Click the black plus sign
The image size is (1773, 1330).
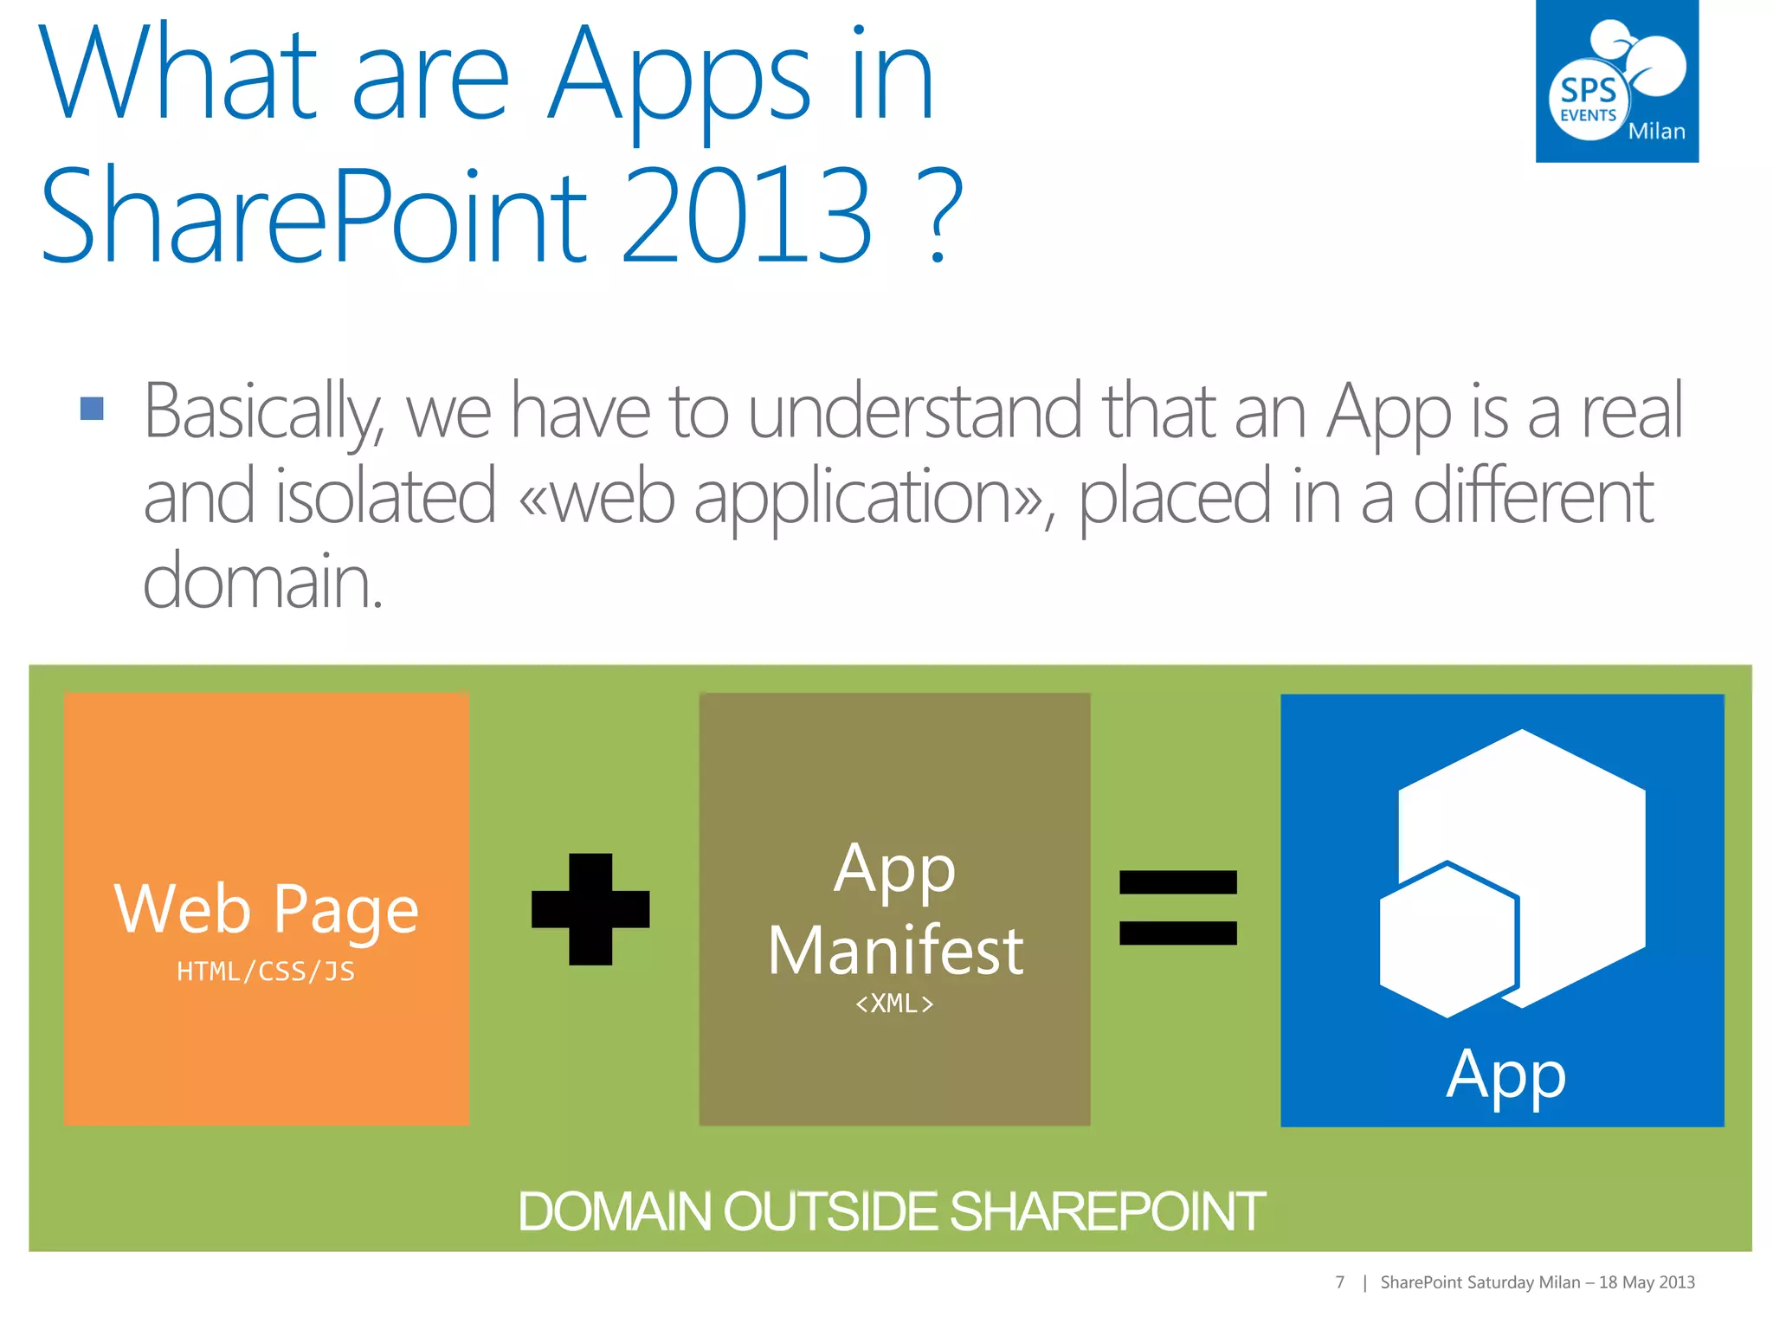tap(590, 909)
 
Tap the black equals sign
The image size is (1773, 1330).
tap(1177, 907)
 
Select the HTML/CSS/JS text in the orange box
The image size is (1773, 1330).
tap(266, 972)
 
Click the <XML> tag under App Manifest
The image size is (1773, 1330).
tap(894, 1004)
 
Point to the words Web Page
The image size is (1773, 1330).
tap(266, 909)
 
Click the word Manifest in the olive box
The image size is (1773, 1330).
tap(895, 951)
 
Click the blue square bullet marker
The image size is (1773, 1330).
tap(92, 408)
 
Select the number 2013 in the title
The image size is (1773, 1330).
tap(746, 216)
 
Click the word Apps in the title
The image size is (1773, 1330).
tap(680, 78)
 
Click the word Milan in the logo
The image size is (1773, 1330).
tap(1656, 132)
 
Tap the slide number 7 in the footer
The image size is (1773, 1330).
tap(1339, 1282)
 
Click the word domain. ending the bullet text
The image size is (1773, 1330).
tap(262, 580)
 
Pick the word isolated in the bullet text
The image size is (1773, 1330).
tap(385, 497)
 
